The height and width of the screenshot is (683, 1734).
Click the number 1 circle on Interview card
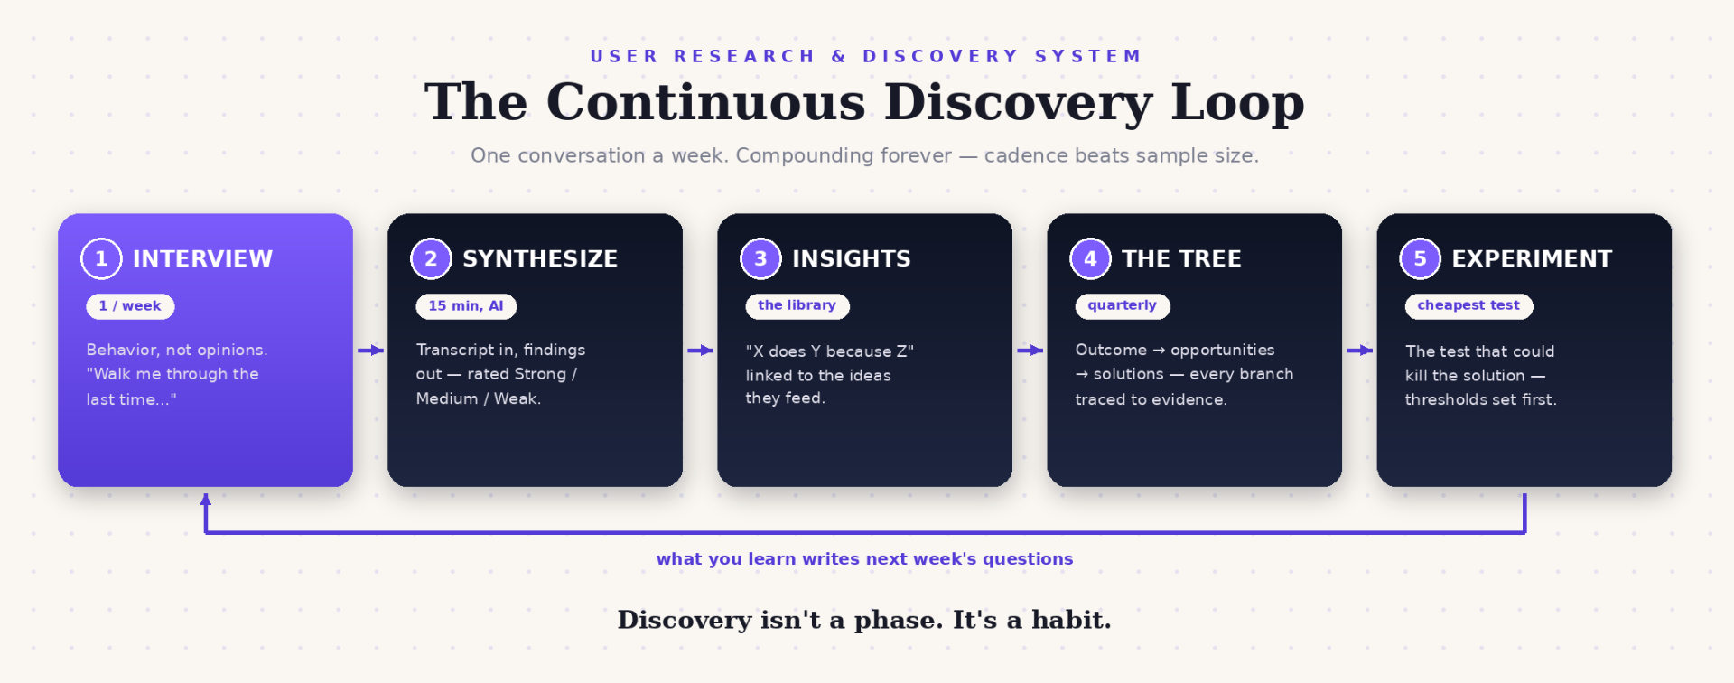click(x=101, y=258)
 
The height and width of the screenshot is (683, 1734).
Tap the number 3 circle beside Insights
click(x=760, y=258)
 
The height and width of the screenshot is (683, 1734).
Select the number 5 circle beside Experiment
click(x=1420, y=258)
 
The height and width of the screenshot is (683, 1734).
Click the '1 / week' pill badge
click(x=130, y=306)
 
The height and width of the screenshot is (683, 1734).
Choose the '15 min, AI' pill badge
click(x=466, y=306)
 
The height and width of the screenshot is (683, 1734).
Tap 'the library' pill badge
click(x=797, y=306)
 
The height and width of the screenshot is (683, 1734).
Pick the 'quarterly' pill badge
click(x=1123, y=306)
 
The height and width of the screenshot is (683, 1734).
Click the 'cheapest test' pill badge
click(x=1468, y=306)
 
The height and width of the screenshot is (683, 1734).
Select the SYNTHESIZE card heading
click(x=540, y=259)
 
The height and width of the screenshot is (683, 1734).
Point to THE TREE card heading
click(x=1181, y=259)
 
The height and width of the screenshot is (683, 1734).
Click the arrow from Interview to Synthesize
click(x=370, y=351)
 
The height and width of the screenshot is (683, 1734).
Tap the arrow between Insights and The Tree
click(x=1030, y=351)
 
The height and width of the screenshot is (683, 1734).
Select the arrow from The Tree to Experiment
click(x=1359, y=351)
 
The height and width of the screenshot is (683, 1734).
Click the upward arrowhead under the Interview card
click(x=206, y=499)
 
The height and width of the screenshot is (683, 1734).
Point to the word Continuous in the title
click(x=705, y=101)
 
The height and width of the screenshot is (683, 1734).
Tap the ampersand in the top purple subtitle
click(x=839, y=56)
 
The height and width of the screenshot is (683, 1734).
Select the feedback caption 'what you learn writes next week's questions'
click(x=865, y=559)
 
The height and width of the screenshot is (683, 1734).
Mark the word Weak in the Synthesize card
click(x=517, y=398)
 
